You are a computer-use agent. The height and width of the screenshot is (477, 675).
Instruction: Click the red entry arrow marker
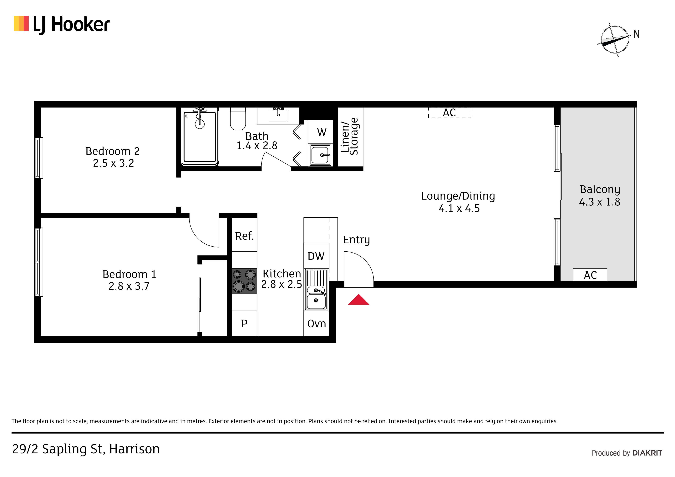359,300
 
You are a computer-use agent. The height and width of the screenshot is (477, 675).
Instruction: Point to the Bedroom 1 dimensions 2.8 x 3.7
129,286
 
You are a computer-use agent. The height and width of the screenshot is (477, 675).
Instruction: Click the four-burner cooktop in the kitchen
244,281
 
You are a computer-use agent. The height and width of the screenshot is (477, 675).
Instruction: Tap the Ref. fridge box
244,234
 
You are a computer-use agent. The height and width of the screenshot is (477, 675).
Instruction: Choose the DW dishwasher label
316,256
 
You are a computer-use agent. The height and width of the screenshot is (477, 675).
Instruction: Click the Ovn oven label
317,324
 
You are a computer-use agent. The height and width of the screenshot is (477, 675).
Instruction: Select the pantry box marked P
244,323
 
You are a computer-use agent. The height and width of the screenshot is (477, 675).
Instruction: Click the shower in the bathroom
200,137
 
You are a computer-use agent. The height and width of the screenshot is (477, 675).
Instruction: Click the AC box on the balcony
590,275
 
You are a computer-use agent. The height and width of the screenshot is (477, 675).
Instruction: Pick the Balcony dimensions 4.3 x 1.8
600,202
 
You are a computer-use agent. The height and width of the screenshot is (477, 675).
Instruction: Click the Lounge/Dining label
458,196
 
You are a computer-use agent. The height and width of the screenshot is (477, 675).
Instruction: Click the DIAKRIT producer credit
647,453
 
